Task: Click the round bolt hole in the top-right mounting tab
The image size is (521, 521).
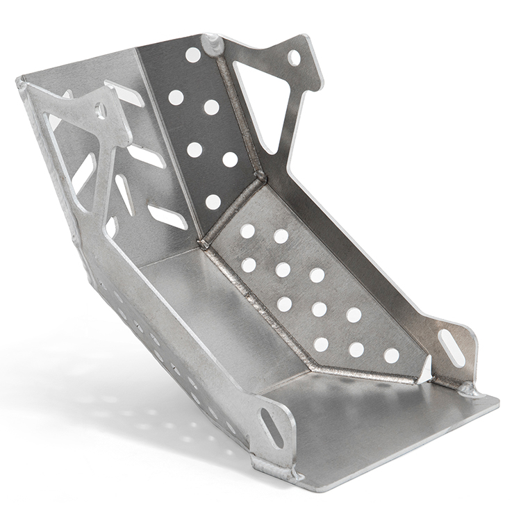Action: pos(294,58)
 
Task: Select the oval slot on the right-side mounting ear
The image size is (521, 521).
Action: pos(452,348)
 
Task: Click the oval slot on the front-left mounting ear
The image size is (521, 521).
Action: pos(272,428)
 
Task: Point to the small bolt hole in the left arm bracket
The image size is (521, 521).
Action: pos(100,110)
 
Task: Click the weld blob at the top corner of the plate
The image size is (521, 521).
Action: pos(213,44)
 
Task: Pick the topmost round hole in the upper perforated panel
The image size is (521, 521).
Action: pos(193,55)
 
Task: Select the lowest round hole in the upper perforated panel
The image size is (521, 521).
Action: pos(213,202)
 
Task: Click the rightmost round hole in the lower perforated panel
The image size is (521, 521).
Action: pos(392,356)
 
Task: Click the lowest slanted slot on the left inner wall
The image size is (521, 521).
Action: pos(167,217)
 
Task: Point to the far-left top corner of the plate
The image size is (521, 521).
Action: pos(21,82)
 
